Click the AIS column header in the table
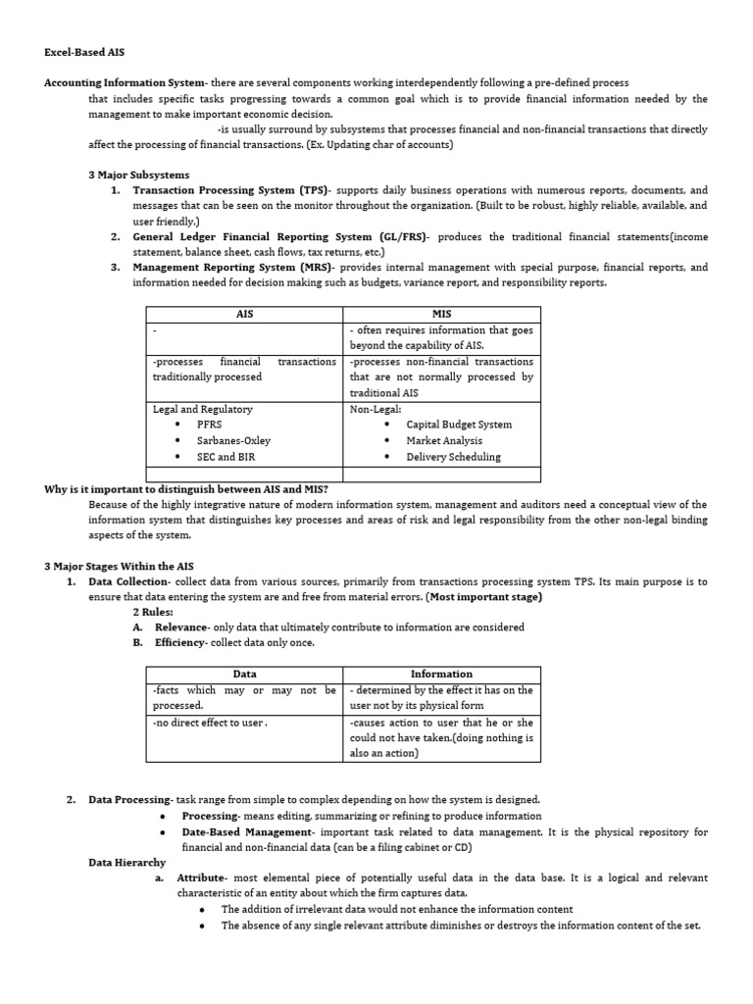pyautogui.click(x=244, y=314)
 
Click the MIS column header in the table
pyautogui.click(x=441, y=314)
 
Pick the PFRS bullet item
pyautogui.click(x=209, y=425)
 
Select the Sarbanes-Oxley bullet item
pyautogui.click(x=233, y=440)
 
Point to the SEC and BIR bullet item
pyautogui.click(x=227, y=456)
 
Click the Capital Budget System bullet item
pyautogui.click(x=458, y=425)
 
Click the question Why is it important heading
pyautogui.click(x=186, y=488)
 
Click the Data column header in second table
pyautogui.click(x=244, y=674)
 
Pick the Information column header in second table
pyautogui.click(x=441, y=674)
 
